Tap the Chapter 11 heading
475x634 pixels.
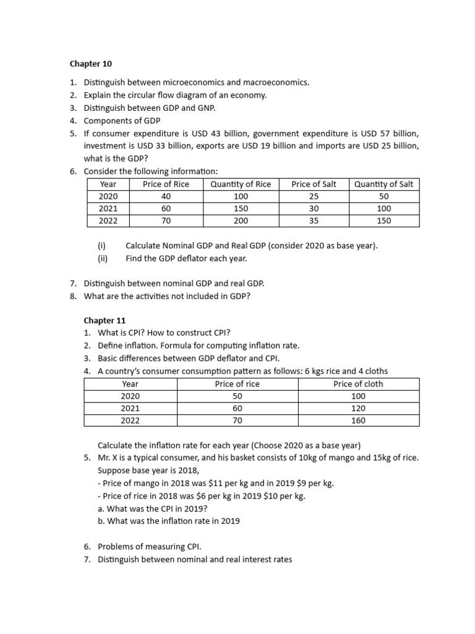pyautogui.click(x=105, y=321)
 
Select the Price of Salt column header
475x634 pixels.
pyautogui.click(x=314, y=184)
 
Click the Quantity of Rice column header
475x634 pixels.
pyautogui.click(x=241, y=184)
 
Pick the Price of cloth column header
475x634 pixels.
pyautogui.click(x=358, y=384)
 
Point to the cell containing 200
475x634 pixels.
pyautogui.click(x=241, y=220)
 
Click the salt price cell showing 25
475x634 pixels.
pyautogui.click(x=314, y=196)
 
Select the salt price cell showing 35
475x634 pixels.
pyautogui.click(x=314, y=220)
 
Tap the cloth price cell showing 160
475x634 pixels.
pyautogui.click(x=358, y=420)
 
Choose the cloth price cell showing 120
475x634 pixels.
pyautogui.click(x=358, y=408)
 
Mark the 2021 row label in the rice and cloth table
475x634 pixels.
pyautogui.click(x=130, y=408)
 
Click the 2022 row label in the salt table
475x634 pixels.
pyautogui.click(x=108, y=220)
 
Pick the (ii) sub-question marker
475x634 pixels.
pyautogui.click(x=103, y=258)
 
